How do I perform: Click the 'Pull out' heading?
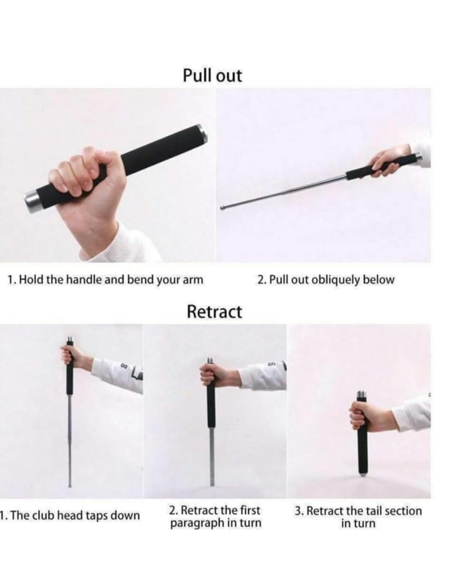212,76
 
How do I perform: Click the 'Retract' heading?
214,312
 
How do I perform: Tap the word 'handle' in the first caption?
82,280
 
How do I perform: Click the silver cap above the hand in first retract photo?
70,339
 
